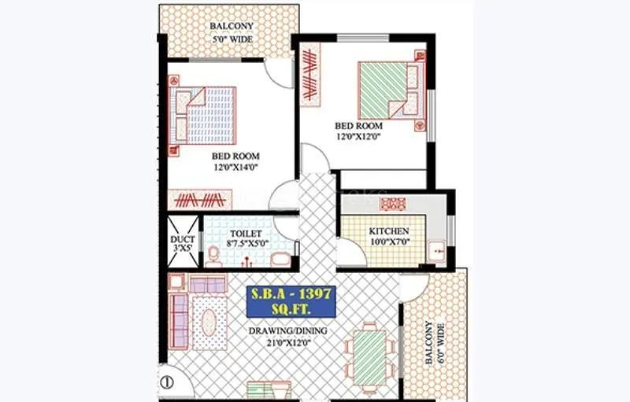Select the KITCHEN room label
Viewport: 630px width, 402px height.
click(389, 231)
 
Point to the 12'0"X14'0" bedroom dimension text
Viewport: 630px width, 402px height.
click(235, 167)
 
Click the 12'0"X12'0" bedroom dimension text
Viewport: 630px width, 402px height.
click(358, 137)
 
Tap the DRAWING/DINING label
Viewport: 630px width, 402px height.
click(288, 330)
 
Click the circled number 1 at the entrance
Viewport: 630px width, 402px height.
click(166, 385)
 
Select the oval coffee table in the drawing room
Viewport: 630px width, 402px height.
click(209, 323)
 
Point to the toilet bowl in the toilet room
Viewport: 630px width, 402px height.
click(213, 254)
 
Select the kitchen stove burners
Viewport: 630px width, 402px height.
click(392, 204)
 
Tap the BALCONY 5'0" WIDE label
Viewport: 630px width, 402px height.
click(231, 31)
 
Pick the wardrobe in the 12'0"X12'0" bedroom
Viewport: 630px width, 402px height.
click(310, 75)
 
